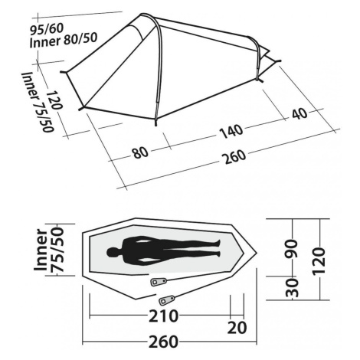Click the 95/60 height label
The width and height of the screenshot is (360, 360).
pos(47,29)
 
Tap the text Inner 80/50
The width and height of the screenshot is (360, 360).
pos(64,40)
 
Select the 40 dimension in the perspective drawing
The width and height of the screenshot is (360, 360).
pos(299,114)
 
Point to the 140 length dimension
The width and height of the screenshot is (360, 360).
pos(231,132)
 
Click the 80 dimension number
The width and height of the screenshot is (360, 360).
pos(140,152)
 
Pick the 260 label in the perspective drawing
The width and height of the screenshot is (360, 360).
pos(235,156)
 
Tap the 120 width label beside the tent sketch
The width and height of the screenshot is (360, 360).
pos(54,100)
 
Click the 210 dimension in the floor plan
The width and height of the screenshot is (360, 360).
pos(163,316)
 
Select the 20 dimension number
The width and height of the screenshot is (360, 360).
pos(237,328)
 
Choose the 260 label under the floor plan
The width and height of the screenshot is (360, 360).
pos(163,342)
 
